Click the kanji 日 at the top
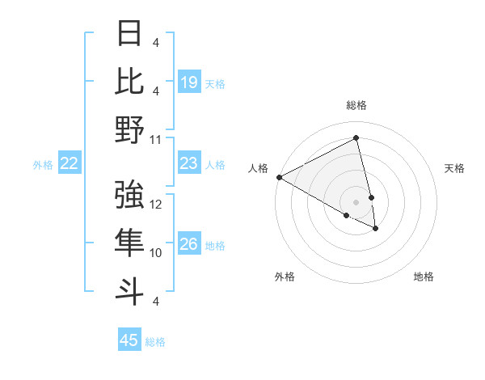coord(130,34)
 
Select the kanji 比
coord(130,81)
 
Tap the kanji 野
coord(130,129)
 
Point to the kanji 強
coord(130,195)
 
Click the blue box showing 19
coord(189,82)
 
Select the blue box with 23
coord(189,163)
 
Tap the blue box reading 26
coord(189,245)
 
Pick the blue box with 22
coord(70,163)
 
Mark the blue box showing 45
coord(129,340)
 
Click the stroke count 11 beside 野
coord(156,139)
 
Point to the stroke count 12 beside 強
coord(157,205)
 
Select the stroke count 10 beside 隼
coord(157,253)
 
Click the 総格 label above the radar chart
coord(356,105)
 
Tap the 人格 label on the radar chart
coord(259,168)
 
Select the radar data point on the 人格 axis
coord(279,177)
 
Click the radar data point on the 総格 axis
coord(356,138)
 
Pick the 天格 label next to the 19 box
coord(215,83)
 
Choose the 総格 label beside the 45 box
coord(155,342)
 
